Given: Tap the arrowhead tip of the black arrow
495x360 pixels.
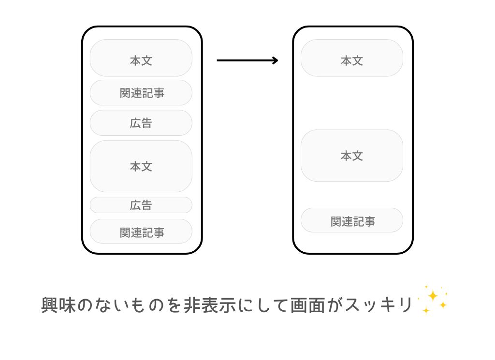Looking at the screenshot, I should tap(277, 60).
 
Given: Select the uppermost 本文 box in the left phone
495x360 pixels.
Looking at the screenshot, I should tap(141, 58).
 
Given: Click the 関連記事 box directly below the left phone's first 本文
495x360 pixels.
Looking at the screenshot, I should tap(141, 93).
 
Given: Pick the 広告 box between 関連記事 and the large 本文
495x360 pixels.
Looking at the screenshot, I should tap(141, 123).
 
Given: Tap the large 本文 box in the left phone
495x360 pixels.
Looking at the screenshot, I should tap(141, 166).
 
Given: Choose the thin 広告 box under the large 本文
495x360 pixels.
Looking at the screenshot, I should tap(141, 205).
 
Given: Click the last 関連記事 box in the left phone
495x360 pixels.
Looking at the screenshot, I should tap(141, 231).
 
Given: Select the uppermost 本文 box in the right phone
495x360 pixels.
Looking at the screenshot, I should tap(351, 58).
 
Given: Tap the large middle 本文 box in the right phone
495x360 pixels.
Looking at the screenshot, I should tap(351, 156).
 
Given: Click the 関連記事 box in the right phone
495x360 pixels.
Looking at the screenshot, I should tap(351, 220).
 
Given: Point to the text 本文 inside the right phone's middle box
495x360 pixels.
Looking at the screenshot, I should tap(351, 156).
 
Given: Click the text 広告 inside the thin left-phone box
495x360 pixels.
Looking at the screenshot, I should tap(141, 205).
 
